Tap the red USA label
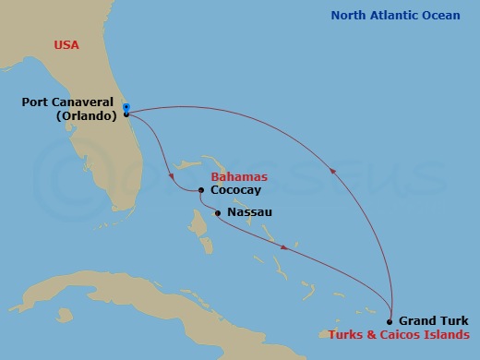point(66,44)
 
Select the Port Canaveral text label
point(69,102)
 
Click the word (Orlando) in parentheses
point(86,116)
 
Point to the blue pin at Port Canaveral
point(126,107)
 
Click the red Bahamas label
point(239,176)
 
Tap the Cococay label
point(236,190)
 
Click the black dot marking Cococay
point(201,191)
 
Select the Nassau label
point(249,213)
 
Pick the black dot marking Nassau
point(218,214)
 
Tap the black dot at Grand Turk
point(390,321)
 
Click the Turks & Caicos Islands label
point(398,334)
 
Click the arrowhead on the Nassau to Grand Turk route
point(284,247)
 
